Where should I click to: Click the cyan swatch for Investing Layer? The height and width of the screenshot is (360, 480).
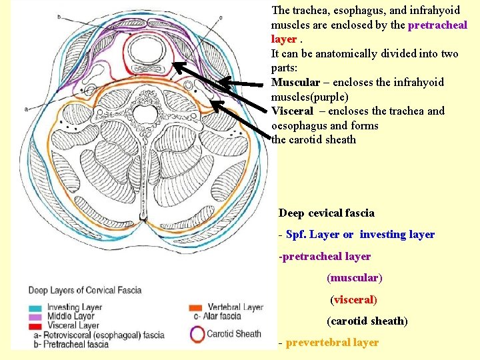click(x=35, y=307)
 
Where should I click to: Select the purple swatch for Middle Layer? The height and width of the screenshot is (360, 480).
click(x=35, y=316)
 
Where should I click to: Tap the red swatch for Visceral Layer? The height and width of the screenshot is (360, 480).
click(x=35, y=325)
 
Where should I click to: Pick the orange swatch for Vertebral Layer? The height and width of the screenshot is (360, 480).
click(x=195, y=307)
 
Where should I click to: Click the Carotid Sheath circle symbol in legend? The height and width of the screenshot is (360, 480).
click(x=197, y=333)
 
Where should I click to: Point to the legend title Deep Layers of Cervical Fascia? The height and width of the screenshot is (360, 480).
click(x=85, y=290)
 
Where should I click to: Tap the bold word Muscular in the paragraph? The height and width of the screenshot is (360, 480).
click(x=295, y=83)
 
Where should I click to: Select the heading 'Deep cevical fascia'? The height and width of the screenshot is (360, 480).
click(x=327, y=213)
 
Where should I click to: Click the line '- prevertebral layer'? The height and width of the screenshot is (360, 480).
click(x=329, y=343)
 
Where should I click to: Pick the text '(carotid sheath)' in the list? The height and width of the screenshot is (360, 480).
click(x=367, y=321)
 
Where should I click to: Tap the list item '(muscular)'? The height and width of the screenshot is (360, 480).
click(x=355, y=277)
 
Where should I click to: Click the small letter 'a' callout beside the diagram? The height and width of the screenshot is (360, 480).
click(x=26, y=109)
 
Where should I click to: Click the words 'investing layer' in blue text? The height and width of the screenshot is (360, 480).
click(x=397, y=235)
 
